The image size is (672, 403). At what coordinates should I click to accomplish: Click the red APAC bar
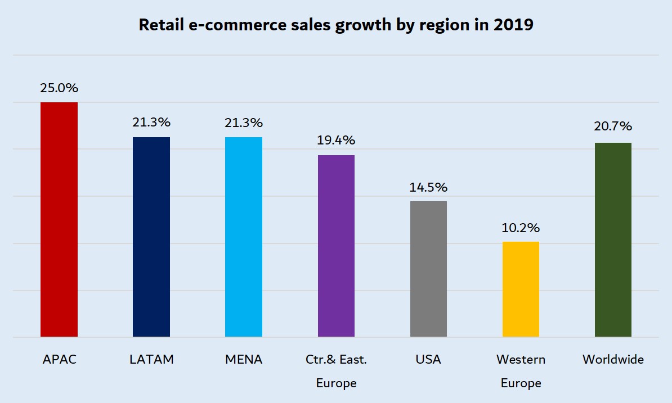(x=59, y=220)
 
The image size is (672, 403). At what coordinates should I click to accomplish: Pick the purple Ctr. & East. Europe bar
(x=336, y=246)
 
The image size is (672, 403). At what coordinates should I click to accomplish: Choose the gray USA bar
(x=428, y=269)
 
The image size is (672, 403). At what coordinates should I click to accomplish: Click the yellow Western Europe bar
(x=521, y=289)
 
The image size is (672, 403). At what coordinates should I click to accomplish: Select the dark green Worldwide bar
(x=613, y=240)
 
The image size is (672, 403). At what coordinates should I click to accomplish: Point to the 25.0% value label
(x=59, y=88)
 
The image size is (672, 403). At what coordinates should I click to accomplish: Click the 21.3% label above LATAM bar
(x=151, y=123)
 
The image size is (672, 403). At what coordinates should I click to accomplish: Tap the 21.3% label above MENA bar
(x=244, y=123)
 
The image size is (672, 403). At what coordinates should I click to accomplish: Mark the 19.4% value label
(x=336, y=141)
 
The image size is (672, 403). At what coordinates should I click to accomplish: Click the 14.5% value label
(x=428, y=187)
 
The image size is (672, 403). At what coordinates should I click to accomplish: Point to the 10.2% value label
(x=521, y=228)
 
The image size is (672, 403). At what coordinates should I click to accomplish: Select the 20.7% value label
(x=613, y=128)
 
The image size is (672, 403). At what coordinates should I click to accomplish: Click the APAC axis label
(x=59, y=360)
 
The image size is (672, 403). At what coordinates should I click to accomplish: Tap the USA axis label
(x=428, y=360)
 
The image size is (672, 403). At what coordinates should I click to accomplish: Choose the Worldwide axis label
(x=613, y=360)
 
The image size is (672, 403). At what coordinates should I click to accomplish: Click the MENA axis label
(x=244, y=360)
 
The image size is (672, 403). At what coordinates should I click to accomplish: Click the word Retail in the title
(x=158, y=26)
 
